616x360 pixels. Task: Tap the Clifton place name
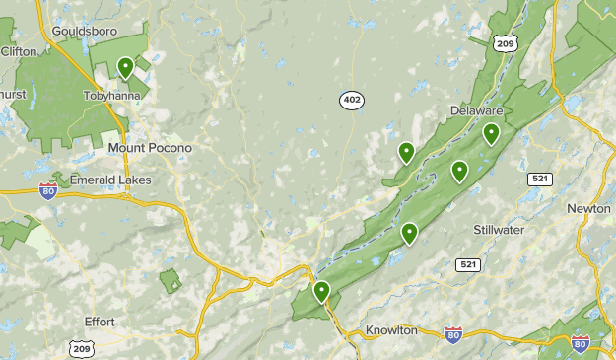[x=19, y=50]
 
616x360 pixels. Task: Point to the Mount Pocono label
[x=150, y=148]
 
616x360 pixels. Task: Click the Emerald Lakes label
[x=110, y=180]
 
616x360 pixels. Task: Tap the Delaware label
[x=477, y=110]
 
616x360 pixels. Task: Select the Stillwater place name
[x=498, y=230]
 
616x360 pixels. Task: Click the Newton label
[x=588, y=208]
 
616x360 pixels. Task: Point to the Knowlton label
[x=391, y=329]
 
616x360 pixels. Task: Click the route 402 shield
[x=351, y=100]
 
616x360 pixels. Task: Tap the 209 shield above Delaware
[x=507, y=43]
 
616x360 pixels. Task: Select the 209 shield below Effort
[x=82, y=347]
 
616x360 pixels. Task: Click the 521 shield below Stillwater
[x=468, y=265]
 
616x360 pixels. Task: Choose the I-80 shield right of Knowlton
[x=452, y=334]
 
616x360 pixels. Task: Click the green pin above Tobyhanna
[x=125, y=67]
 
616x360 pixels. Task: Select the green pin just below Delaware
[x=491, y=133]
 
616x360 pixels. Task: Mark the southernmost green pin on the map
[x=321, y=291]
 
